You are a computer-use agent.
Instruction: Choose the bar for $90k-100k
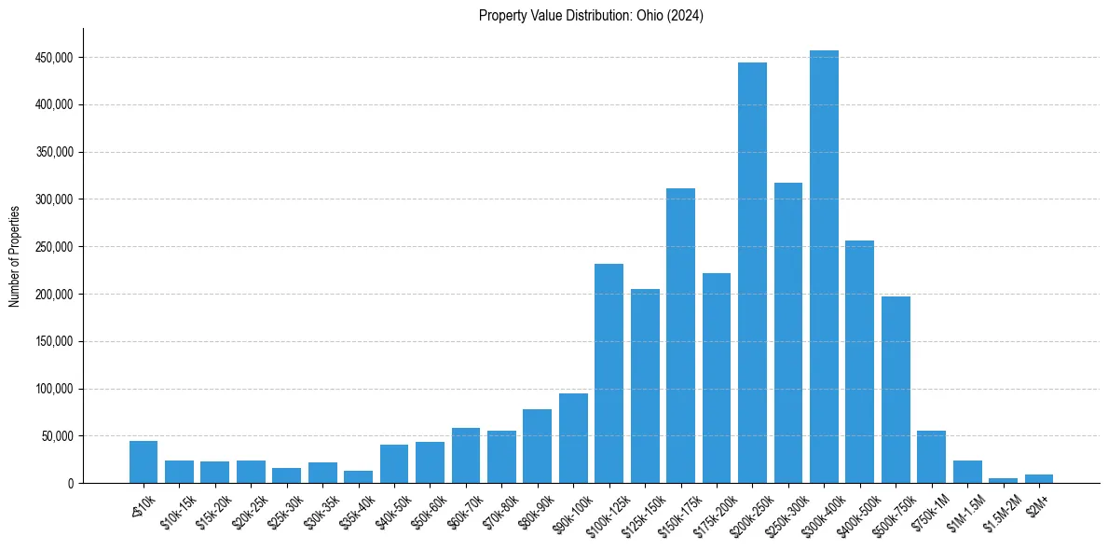573,438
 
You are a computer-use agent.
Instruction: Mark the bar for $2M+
1038,478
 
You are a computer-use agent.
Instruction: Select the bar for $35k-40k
358,476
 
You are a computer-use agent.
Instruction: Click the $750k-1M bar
931,457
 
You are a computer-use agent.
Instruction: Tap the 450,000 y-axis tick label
54,58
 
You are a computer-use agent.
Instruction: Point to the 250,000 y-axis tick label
54,247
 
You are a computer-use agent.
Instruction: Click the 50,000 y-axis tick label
57,436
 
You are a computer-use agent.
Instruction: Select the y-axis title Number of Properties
15,255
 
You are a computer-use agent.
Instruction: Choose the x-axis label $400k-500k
856,511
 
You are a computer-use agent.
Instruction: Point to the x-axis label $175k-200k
713,511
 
